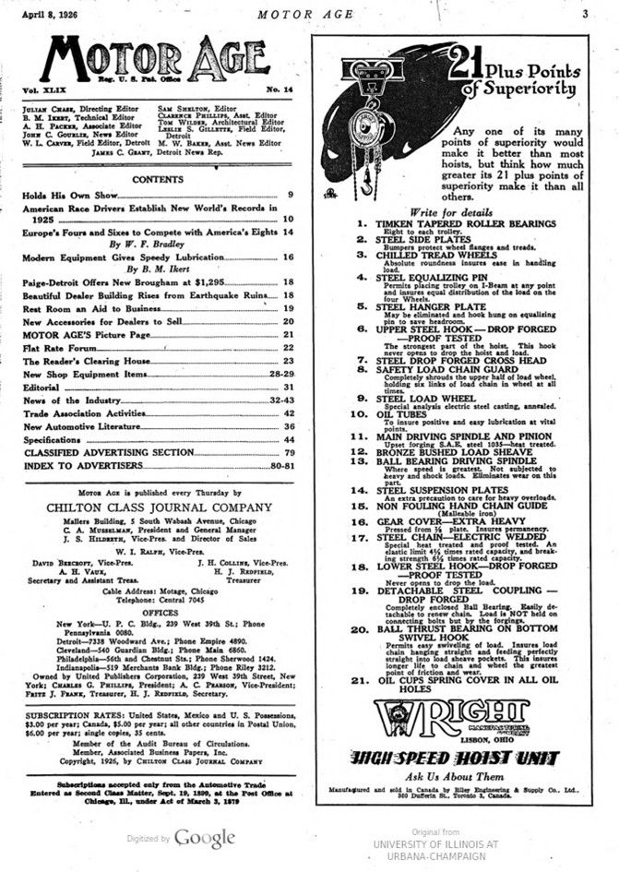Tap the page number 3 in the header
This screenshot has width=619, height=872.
(585, 13)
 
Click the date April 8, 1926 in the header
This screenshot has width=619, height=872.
(51, 13)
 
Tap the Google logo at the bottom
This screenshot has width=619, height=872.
(205, 838)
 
